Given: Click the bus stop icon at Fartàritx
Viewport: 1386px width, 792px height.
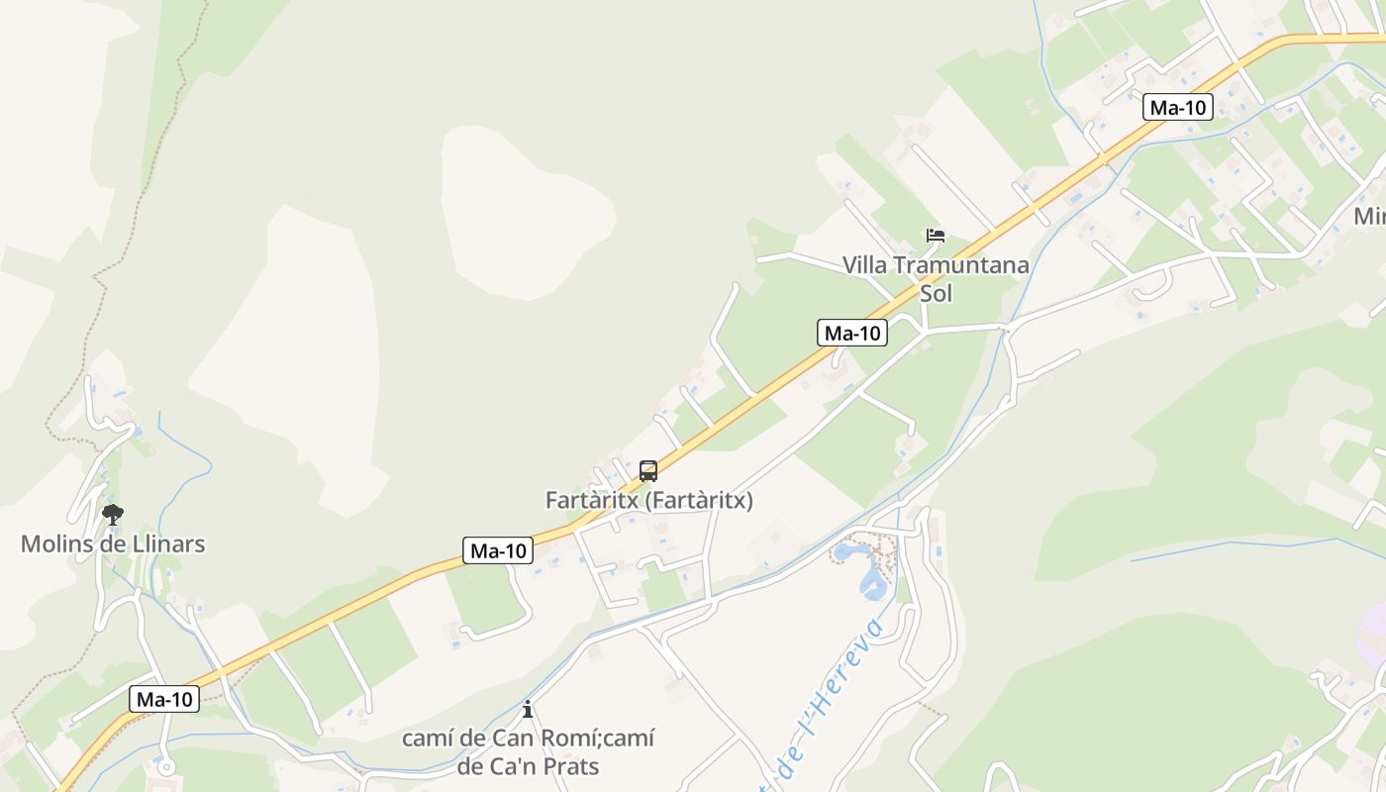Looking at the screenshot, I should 648,471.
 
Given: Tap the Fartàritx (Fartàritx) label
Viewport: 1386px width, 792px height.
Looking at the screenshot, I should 648,501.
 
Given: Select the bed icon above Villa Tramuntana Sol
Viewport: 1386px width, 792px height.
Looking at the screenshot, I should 936,236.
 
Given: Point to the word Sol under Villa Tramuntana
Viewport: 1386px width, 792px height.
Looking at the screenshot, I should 936,294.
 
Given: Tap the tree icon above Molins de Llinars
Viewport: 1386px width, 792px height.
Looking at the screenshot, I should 113,514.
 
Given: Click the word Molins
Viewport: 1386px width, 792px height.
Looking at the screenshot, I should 56,544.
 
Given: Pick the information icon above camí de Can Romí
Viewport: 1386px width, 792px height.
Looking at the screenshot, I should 528,709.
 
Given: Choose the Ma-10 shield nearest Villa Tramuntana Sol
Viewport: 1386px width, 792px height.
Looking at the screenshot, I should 852,333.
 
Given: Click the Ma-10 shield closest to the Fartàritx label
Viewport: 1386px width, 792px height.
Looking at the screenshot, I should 498,550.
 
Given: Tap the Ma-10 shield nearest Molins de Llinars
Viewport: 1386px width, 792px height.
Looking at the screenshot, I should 164,699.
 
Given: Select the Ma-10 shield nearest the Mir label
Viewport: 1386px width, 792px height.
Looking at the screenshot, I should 1177,107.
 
